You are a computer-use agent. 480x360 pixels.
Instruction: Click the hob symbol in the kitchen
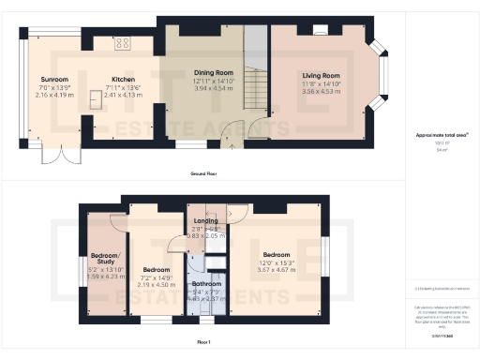123,42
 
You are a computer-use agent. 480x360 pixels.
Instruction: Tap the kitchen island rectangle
96,99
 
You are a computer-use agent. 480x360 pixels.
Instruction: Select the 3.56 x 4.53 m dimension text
320,92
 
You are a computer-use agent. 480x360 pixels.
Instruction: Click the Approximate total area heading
442,135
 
